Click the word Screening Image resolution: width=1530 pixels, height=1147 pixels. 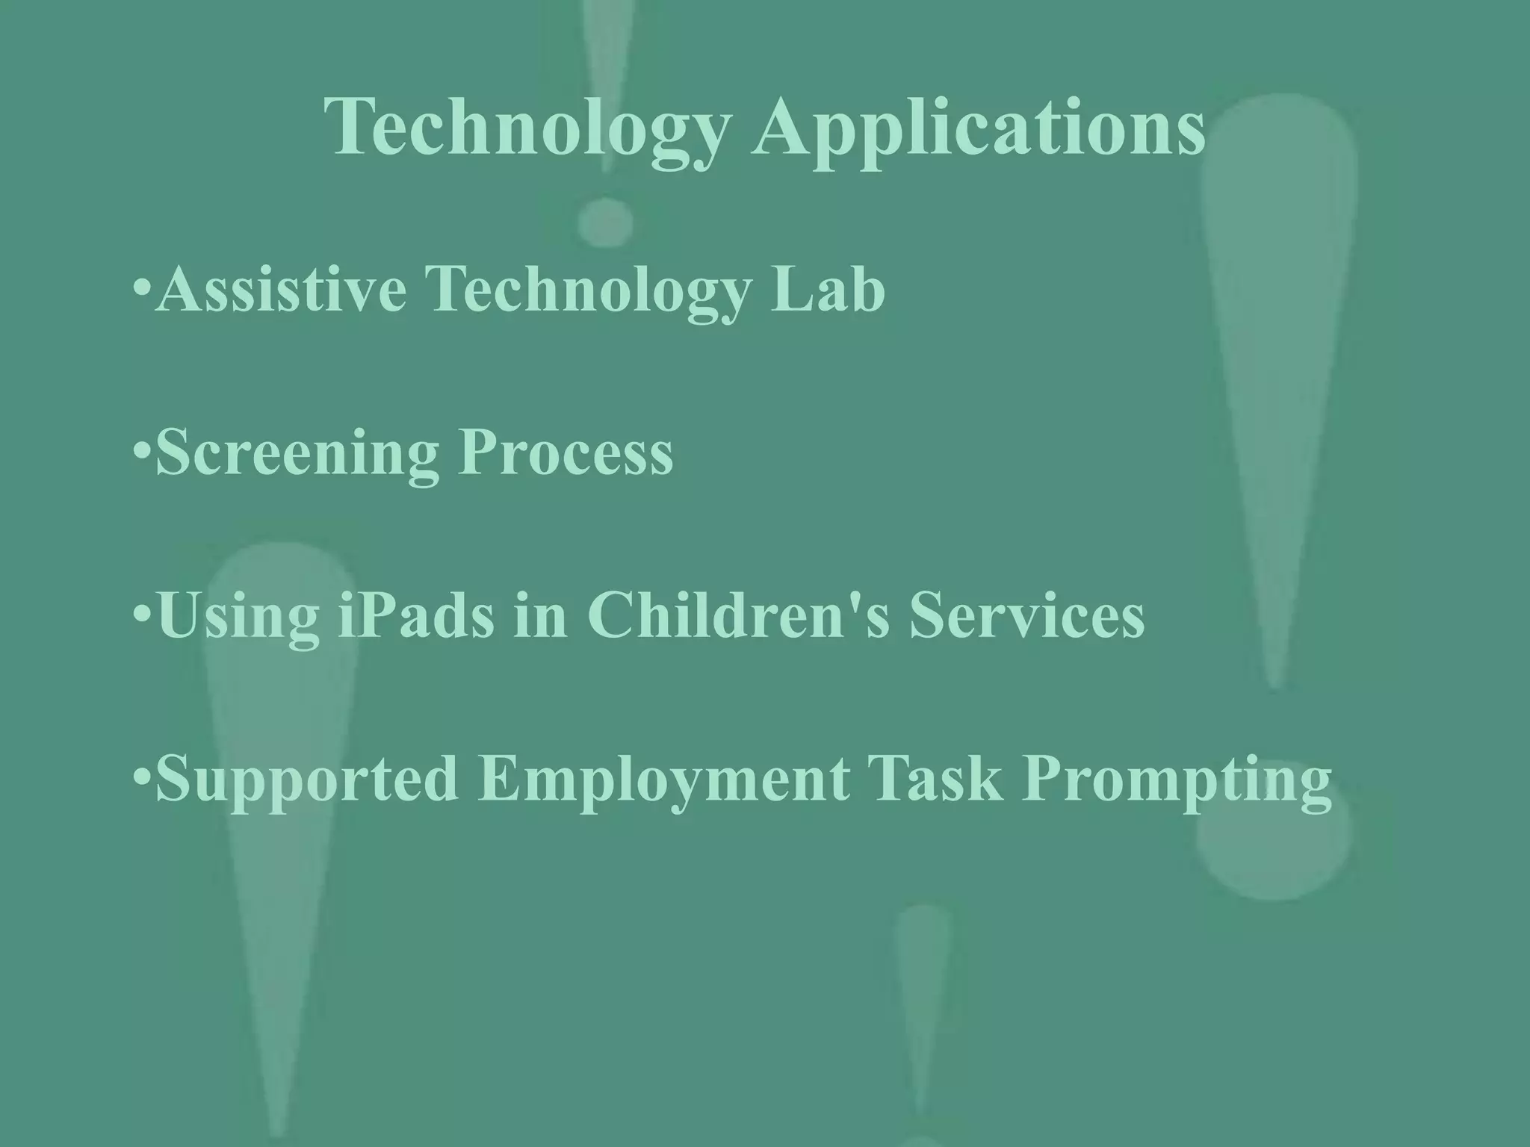pos(297,453)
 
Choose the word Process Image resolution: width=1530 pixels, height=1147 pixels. pos(566,453)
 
